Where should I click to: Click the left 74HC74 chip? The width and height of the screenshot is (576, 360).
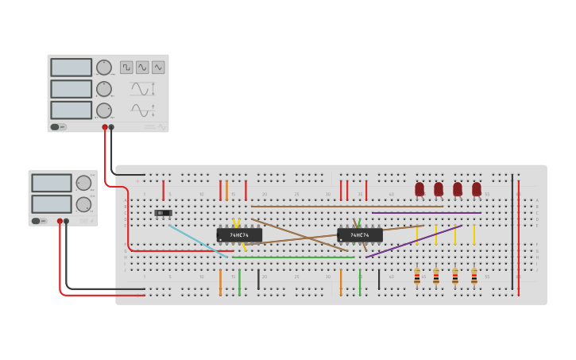pos(239,235)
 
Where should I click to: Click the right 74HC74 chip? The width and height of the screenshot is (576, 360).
pos(360,235)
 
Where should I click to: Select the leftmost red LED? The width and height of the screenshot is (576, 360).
pos(419,189)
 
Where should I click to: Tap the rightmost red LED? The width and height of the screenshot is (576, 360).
pos(477,189)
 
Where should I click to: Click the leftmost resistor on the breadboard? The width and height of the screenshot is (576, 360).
pos(417,277)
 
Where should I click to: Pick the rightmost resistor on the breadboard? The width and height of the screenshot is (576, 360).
pos(474,277)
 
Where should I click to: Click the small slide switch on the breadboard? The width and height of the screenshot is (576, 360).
pos(163,213)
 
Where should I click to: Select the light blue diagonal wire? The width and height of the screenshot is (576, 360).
pos(199,241)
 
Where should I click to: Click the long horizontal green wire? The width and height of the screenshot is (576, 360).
pos(294,257)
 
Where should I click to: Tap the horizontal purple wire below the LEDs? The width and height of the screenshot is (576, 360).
pos(427,213)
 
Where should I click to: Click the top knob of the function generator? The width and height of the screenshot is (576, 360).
pos(104,68)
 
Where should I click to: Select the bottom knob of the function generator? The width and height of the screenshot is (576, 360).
pos(104,110)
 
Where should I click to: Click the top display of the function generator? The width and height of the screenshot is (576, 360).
pos(72,68)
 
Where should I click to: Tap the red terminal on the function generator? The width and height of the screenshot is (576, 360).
pos(105,127)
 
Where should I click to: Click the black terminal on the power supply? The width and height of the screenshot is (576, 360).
pos(67,222)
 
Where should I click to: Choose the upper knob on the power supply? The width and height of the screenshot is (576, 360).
pos(83,184)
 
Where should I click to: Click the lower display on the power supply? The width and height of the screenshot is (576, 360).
pos(52,204)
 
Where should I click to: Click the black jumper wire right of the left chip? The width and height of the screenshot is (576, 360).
pos(258,280)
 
